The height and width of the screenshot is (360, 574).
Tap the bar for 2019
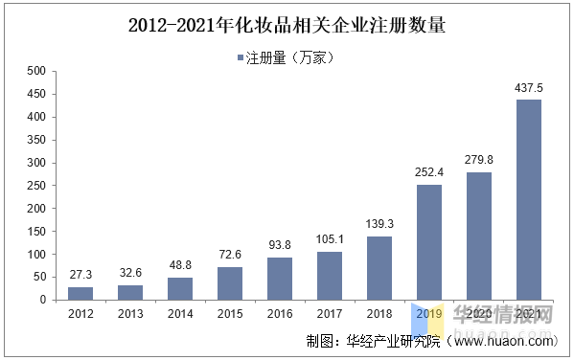coord(429,241)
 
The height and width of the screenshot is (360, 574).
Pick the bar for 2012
coord(80,293)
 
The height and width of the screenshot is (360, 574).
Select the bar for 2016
coord(280,278)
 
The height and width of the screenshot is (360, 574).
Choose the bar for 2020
coord(479,236)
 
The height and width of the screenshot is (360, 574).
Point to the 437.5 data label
coord(529,87)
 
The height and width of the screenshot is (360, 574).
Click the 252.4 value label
coord(429,172)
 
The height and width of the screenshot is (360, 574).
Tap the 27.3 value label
coord(80,275)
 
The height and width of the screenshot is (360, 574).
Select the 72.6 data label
coord(230,255)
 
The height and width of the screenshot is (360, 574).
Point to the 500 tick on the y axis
coord(35,71)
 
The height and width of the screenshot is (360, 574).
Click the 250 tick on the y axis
coord(35,186)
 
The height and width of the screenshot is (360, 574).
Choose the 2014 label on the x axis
coord(180,313)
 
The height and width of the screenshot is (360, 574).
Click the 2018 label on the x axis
coord(379,313)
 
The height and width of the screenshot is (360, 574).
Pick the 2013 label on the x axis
coord(130,313)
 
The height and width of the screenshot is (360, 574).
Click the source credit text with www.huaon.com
coord(431,341)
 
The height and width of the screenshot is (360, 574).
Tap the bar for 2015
coord(230,282)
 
